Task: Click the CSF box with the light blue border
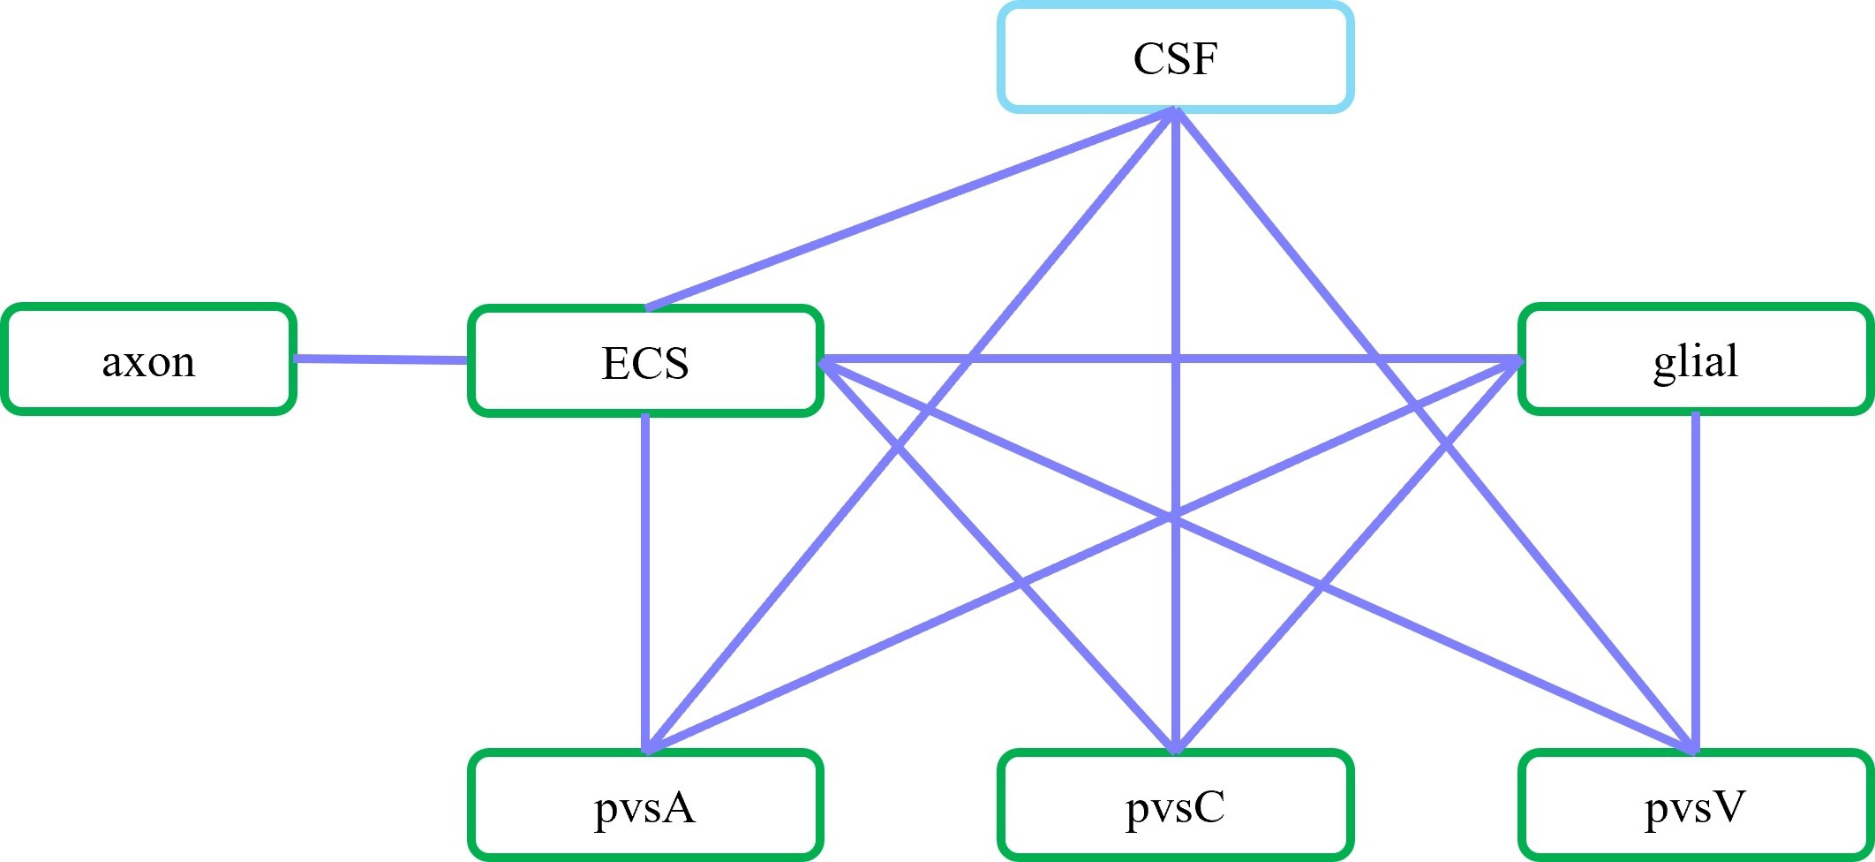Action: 1175,58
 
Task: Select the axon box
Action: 148,359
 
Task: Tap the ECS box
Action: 645,360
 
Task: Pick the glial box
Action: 1695,359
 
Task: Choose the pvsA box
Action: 645,805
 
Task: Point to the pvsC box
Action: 1175,805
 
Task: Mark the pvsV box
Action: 1695,805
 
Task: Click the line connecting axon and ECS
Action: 380,359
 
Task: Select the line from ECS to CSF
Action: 909,209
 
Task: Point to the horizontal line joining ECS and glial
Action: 1059,359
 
